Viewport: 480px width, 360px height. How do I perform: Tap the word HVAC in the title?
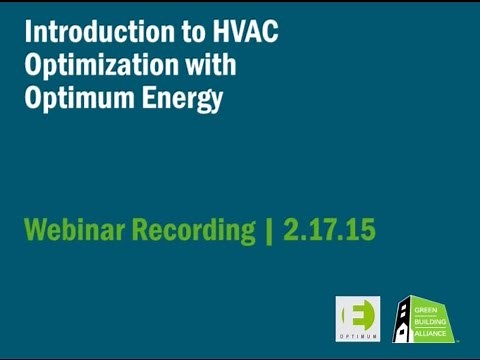click(x=242, y=33)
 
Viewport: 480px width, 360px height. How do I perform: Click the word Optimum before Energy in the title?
click(x=81, y=99)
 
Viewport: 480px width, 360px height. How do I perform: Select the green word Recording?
click(x=197, y=231)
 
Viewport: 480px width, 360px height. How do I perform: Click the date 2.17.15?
click(x=329, y=230)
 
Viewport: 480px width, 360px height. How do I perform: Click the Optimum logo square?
click(x=358, y=318)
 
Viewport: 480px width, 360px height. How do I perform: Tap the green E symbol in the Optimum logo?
click(x=358, y=313)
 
